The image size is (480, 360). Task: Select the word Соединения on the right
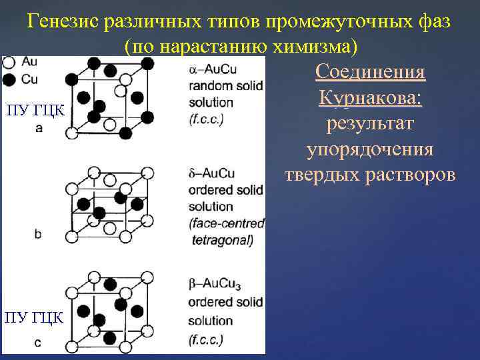(x=370, y=72)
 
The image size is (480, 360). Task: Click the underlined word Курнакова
(x=370, y=98)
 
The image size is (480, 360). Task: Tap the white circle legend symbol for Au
(x=9, y=63)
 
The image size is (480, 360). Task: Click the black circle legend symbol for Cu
(x=9, y=80)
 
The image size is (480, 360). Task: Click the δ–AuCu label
(x=212, y=174)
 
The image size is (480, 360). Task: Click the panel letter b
(x=38, y=234)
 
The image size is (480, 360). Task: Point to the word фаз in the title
(x=434, y=21)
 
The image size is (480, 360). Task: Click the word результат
(x=370, y=123)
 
